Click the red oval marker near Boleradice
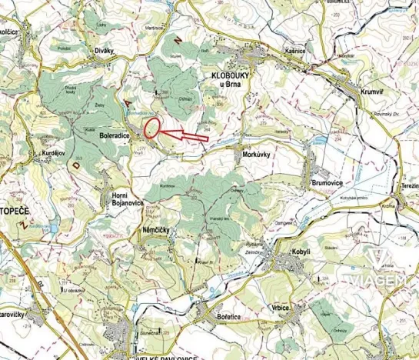pos(151,128)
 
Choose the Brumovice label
pos(331,182)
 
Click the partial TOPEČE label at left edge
pos(14,209)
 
